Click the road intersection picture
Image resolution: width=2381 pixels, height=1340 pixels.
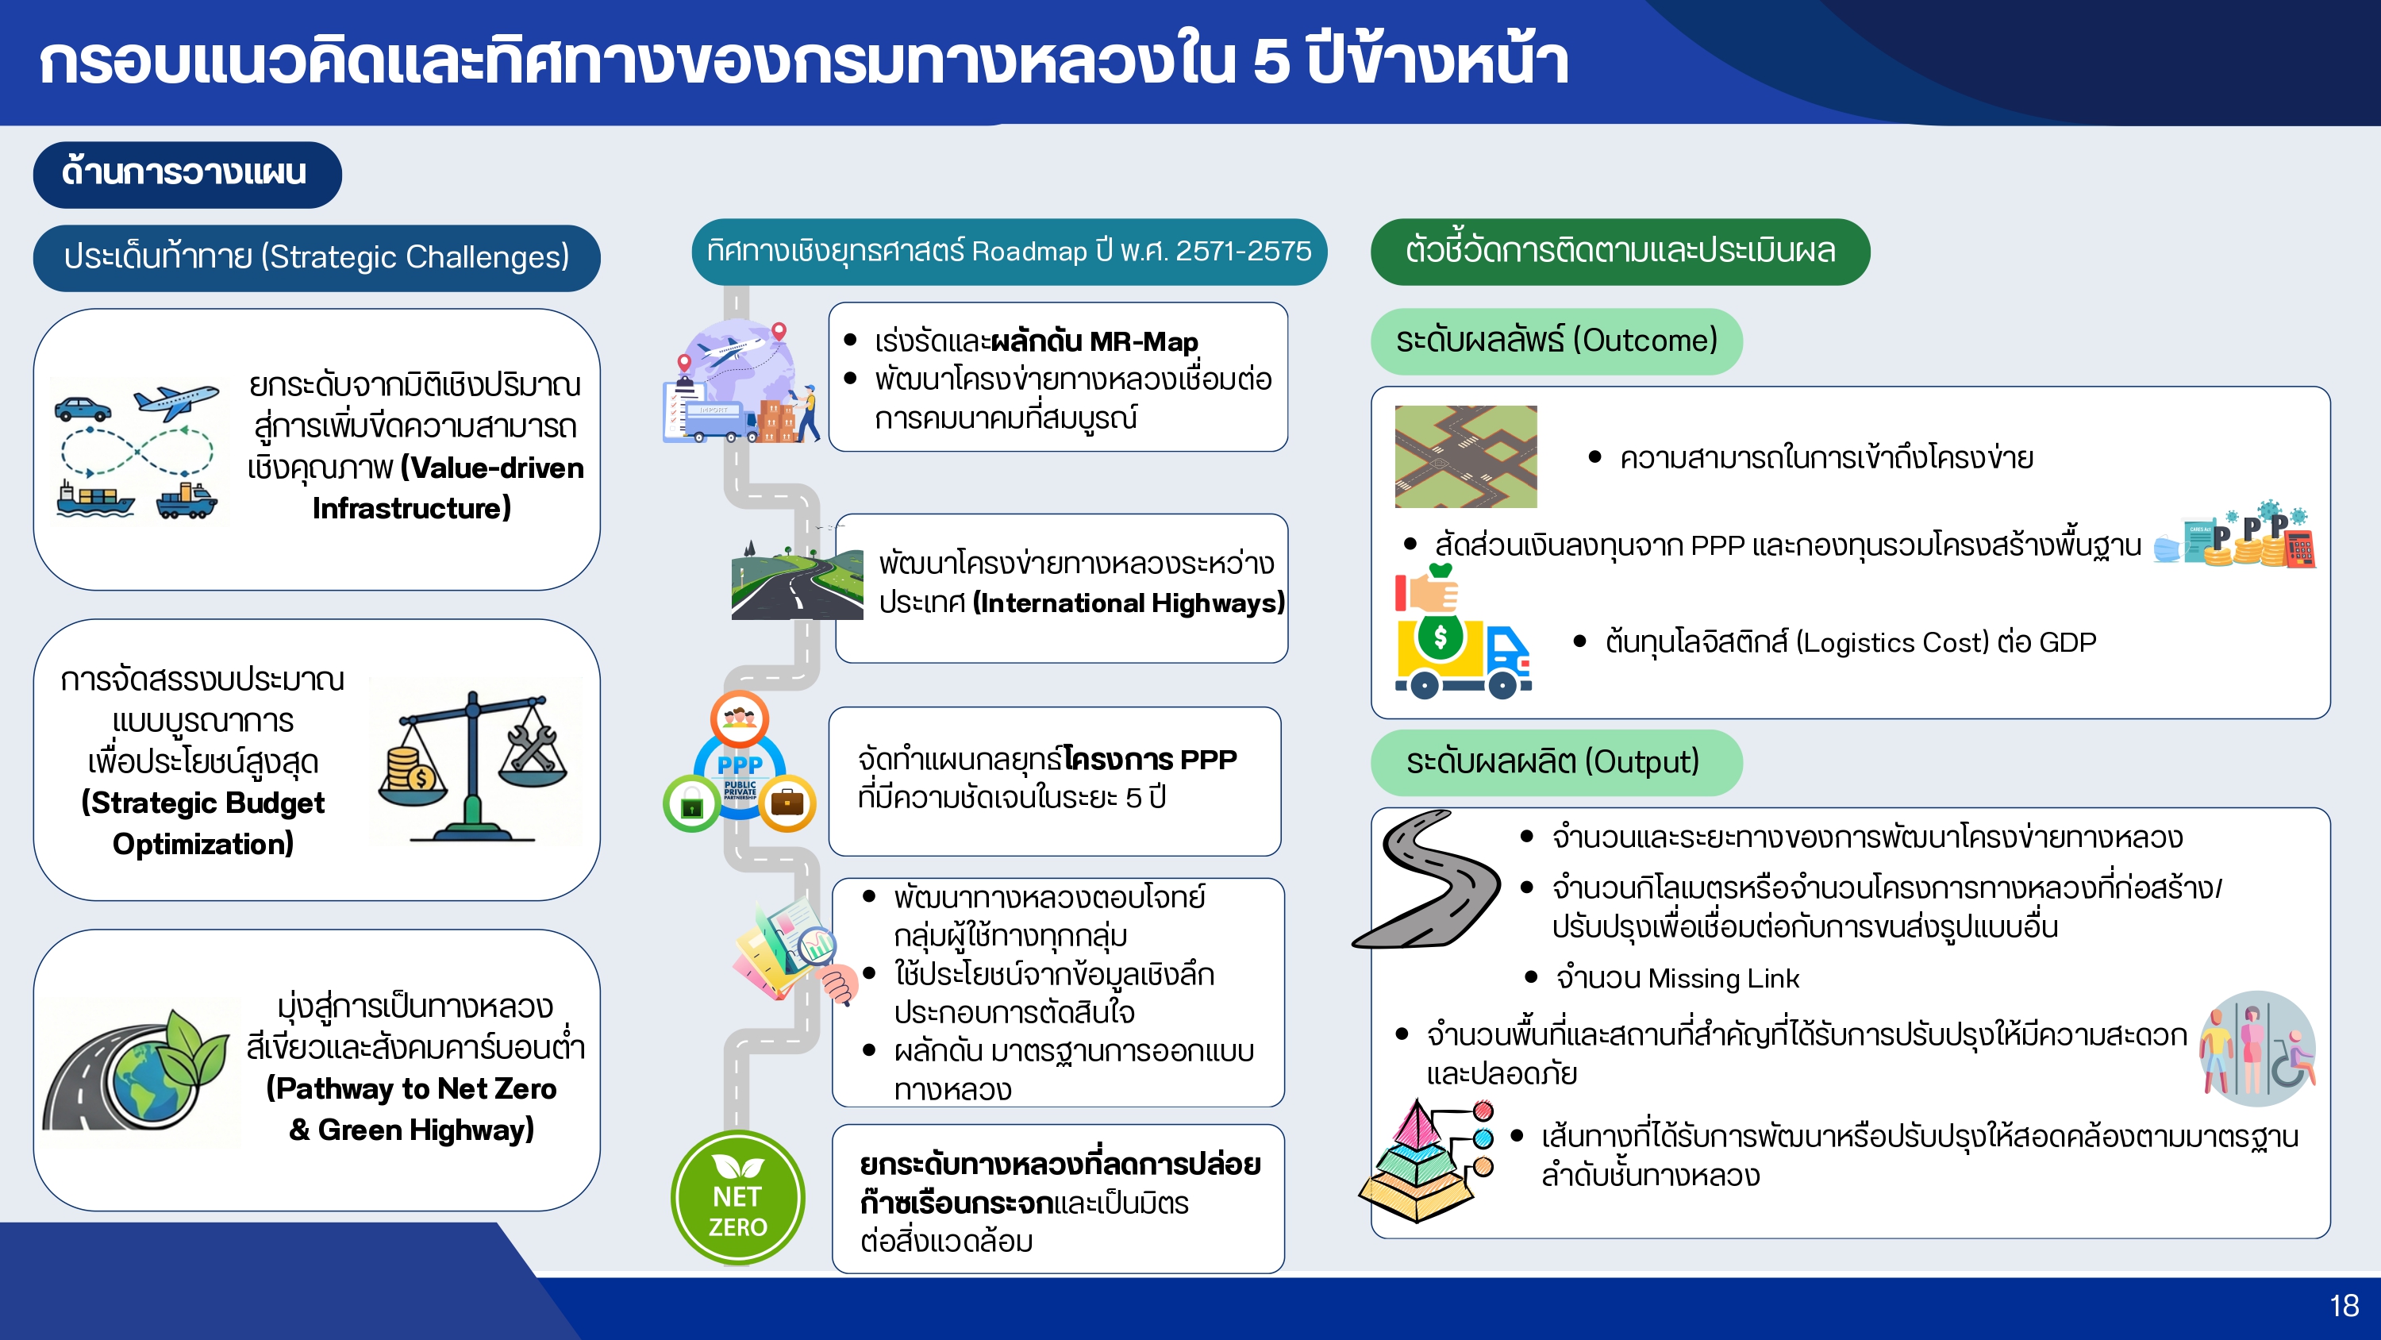pyautogui.click(x=1465, y=456)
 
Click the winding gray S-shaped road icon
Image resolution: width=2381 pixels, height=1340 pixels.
pyautogui.click(x=1426, y=879)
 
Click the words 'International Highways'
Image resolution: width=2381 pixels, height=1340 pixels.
pyautogui.click(x=1128, y=603)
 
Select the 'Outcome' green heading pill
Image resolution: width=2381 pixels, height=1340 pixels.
pyautogui.click(x=1556, y=341)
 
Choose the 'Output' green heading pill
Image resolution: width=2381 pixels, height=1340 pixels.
pyautogui.click(x=1556, y=762)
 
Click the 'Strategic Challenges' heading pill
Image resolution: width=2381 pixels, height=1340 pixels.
pyautogui.click(x=316, y=257)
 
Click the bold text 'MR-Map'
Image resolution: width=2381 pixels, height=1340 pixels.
pyautogui.click(x=1144, y=341)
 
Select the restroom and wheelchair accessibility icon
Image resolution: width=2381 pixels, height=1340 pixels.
pyautogui.click(x=2257, y=1049)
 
